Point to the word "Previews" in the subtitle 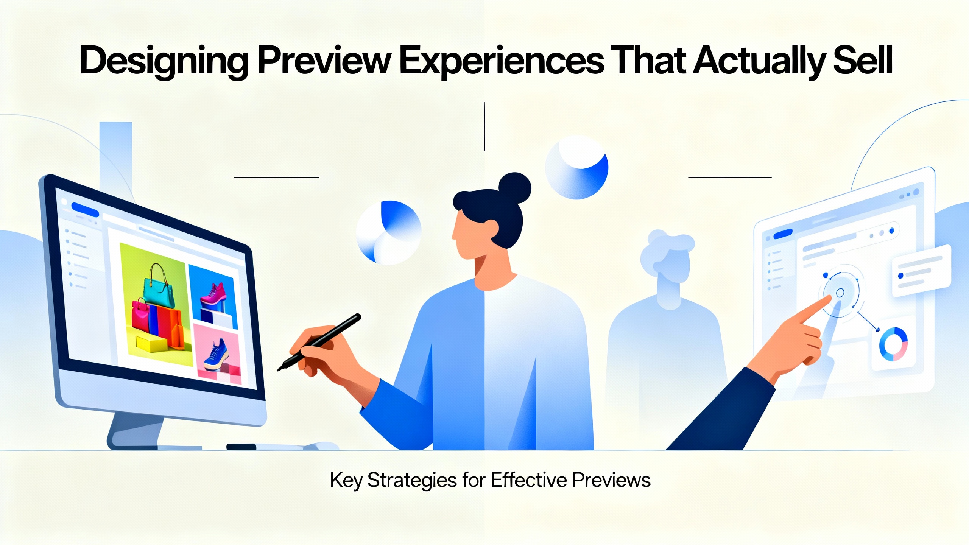(611, 480)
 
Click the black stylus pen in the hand (319, 342)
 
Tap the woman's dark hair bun (514, 188)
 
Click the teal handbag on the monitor (159, 288)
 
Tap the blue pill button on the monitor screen (85, 210)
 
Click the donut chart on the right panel (893, 344)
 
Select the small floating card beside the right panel (921, 271)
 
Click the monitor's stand (136, 431)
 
